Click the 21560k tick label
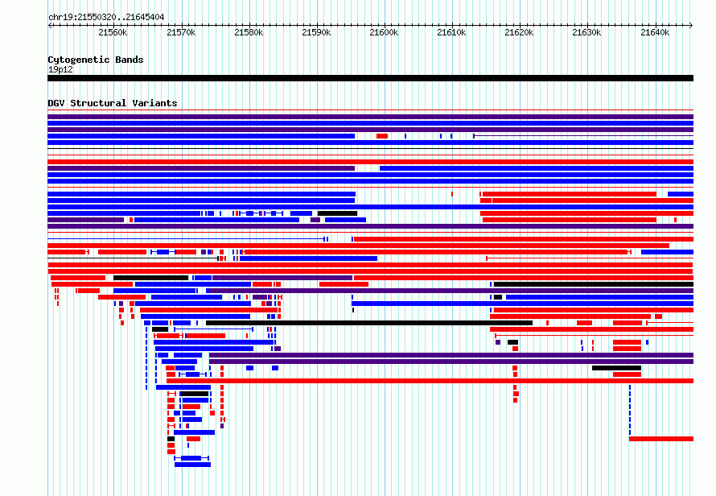[113, 32]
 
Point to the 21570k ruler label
[181, 32]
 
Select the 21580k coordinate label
[249, 32]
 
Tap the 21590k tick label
[316, 32]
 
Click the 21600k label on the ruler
[384, 32]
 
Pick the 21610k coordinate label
[451, 32]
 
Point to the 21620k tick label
[519, 32]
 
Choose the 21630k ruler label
[586, 32]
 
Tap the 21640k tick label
[655, 32]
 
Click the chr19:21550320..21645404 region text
[106, 18]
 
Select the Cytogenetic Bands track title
[96, 60]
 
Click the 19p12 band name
[60, 69]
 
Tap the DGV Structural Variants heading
[113, 103]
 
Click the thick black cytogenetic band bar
[370, 78]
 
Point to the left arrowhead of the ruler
[49, 25]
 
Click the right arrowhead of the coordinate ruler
[692, 25]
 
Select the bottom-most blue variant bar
[193, 465]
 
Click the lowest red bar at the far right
[661, 439]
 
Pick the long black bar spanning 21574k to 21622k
[369, 323]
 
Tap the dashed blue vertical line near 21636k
[630, 410]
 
